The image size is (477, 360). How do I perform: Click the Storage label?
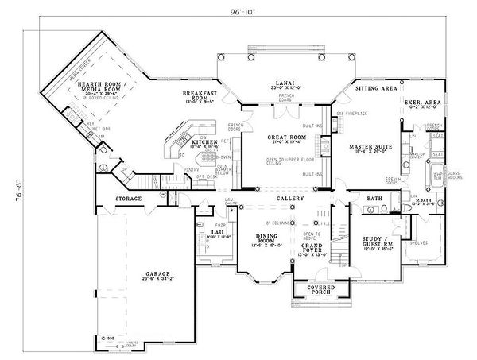tap(127, 198)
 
